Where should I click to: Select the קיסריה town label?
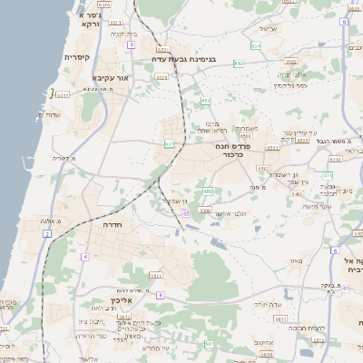click(x=77, y=57)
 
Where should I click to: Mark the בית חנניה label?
click(x=123, y=34)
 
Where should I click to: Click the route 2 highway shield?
click(x=47, y=234)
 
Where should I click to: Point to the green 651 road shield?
click(x=170, y=143)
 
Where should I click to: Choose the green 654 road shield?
click(x=256, y=44)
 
